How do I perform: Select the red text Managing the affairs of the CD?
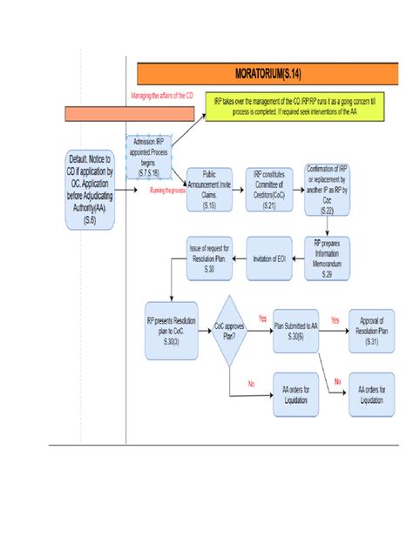(x=161, y=96)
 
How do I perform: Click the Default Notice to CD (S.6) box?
(x=91, y=190)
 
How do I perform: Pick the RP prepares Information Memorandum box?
(x=327, y=260)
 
